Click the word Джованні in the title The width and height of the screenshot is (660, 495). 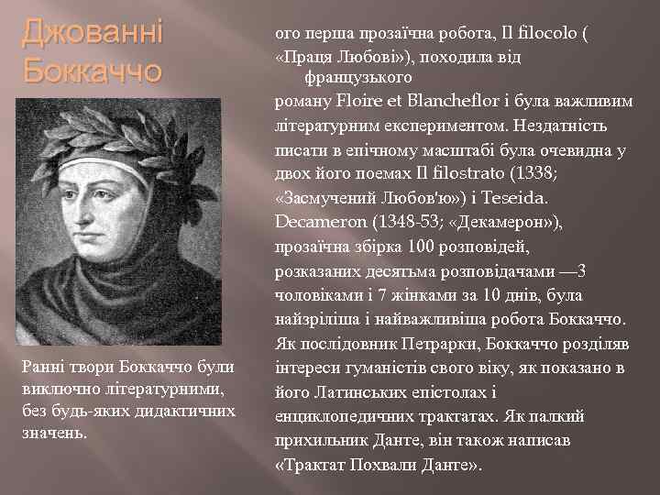[92, 33]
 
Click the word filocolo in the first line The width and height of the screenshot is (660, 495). [549, 34]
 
